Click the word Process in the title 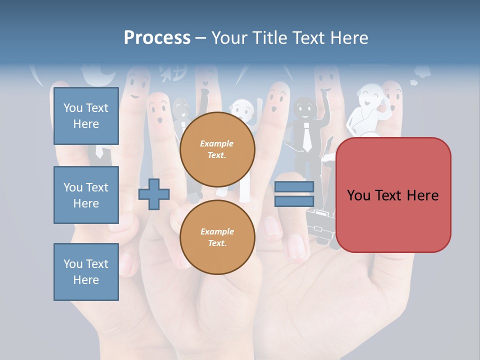157,38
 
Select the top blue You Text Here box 86,116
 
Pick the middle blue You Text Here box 86,195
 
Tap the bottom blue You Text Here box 86,272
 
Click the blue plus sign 154,194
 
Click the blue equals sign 294,194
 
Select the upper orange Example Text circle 217,149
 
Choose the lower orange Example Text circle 217,237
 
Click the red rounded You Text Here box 393,195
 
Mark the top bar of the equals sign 294,187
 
